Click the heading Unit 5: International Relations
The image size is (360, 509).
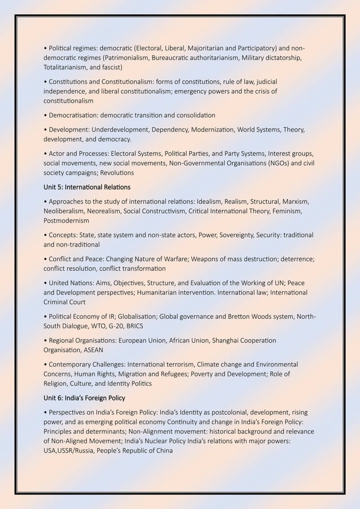click(x=87, y=187)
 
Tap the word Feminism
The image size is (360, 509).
click(x=289, y=211)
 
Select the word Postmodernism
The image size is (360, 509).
click(x=66, y=220)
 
